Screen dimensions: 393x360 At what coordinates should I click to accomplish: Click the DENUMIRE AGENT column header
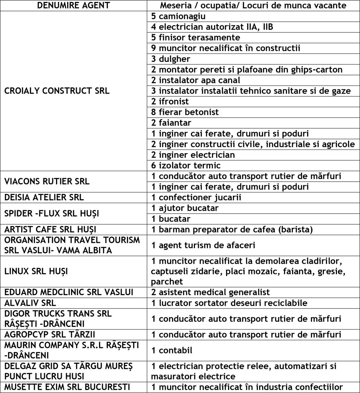click(x=73, y=6)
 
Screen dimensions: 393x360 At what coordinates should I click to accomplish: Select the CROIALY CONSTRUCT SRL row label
click(x=57, y=91)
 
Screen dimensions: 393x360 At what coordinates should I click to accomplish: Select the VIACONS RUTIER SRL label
click(x=47, y=182)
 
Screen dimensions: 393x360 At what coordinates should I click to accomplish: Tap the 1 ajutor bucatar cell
click(x=180, y=208)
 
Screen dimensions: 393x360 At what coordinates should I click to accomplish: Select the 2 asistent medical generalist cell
click(x=211, y=292)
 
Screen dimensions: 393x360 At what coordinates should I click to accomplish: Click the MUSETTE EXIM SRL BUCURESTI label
click(x=66, y=387)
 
